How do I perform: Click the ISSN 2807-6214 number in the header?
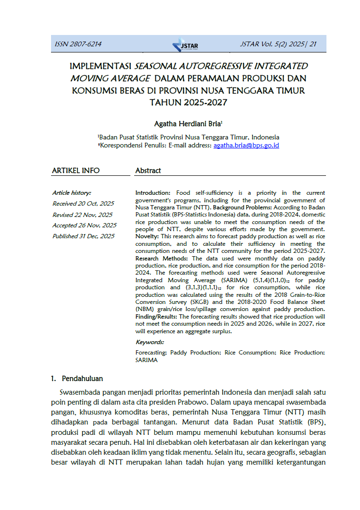78,44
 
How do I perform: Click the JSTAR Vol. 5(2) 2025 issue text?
278,44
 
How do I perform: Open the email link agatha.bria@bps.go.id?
246,146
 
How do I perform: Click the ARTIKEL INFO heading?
76,171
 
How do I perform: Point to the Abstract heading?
148,171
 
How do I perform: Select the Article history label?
71,193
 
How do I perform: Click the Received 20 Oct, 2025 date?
83,204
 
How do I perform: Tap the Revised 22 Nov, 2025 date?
82,215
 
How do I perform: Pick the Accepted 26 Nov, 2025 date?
84,225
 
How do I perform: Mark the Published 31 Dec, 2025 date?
83,236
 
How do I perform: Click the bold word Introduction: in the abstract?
153,193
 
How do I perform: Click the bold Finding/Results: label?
156,316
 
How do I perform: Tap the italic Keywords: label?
150,342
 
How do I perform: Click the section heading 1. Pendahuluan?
77,379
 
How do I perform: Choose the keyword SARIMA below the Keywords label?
146,360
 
